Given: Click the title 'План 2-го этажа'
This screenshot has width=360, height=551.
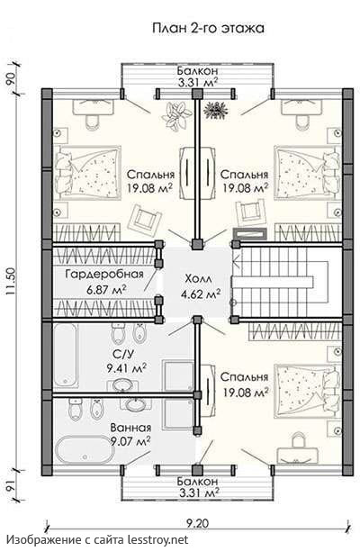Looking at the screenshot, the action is tap(208, 29).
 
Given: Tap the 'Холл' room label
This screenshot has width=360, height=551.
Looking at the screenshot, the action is tap(198, 279).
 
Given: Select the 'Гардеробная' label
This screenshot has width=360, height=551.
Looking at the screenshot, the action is tap(104, 274).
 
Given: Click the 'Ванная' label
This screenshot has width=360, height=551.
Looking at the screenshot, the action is tap(130, 428).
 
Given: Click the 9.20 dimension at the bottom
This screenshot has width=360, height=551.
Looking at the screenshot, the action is tap(197, 523).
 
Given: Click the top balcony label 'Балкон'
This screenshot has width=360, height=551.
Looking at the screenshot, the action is tap(197, 70).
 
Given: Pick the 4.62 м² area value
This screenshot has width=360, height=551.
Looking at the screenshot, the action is tap(201, 294).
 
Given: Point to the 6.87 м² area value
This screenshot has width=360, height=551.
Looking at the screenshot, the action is tap(106, 290).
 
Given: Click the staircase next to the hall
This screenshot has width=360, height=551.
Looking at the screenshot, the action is tap(281, 282).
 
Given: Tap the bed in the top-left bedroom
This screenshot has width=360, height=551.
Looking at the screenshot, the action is tap(88, 174).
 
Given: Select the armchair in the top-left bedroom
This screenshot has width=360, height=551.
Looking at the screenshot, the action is tap(145, 219).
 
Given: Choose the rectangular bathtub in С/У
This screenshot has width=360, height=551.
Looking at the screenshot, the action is tap(66, 356).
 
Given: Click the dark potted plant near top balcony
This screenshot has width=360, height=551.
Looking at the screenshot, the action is tap(216, 109).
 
